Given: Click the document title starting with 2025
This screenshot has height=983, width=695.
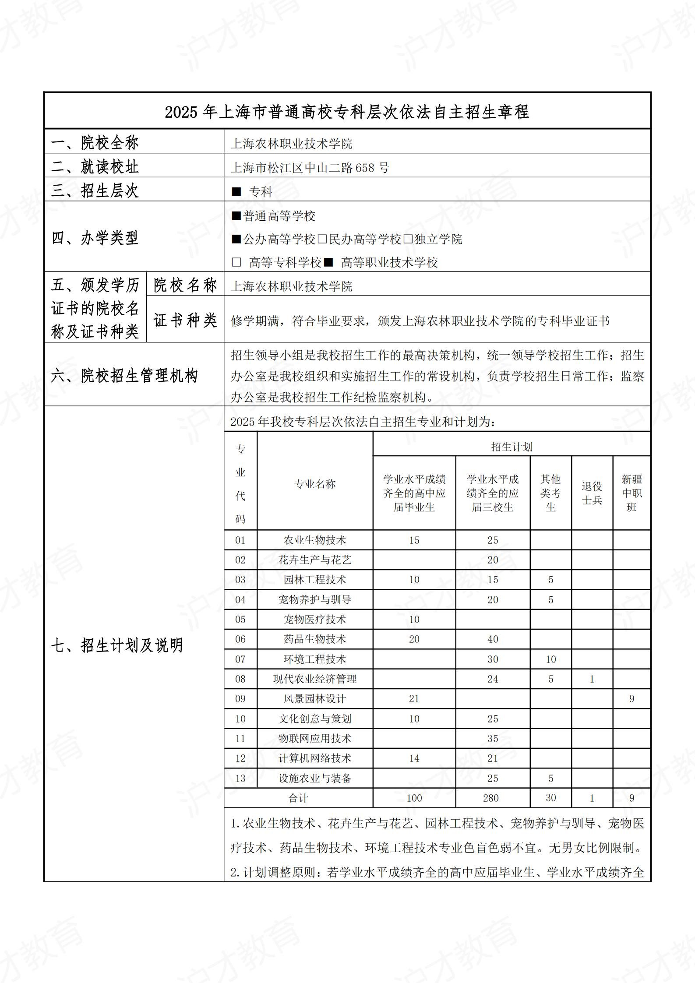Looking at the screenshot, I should point(347,112).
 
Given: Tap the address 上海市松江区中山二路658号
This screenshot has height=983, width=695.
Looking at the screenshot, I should point(310,168).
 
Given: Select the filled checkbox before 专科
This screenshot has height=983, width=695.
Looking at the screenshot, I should point(236,192).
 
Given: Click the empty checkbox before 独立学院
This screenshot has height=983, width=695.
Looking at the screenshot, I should point(408,240).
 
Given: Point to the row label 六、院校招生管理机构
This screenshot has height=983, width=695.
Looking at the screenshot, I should point(125,375).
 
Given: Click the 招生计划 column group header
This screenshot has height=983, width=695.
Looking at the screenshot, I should point(512,447).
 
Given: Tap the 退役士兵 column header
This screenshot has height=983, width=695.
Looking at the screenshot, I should point(592,493).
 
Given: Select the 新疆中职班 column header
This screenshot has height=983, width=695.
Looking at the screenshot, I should point(631,493).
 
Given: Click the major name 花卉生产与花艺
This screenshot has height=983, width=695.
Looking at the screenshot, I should point(315,560).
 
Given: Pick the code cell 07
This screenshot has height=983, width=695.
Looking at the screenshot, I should point(240,659).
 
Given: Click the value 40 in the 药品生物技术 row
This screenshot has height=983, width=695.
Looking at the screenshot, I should point(493,639).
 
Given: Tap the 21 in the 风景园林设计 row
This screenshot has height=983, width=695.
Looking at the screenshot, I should point(414,699).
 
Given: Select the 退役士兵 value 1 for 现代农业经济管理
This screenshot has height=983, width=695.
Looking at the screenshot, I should point(592,679).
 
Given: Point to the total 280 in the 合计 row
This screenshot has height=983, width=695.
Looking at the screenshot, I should point(491,798).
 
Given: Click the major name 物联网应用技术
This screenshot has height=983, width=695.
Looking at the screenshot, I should point(315,739).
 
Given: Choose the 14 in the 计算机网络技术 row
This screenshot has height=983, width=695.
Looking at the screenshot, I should point(414,758).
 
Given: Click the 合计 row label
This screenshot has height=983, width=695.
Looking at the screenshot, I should point(298,798).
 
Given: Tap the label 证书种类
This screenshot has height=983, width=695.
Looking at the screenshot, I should point(185,320).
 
